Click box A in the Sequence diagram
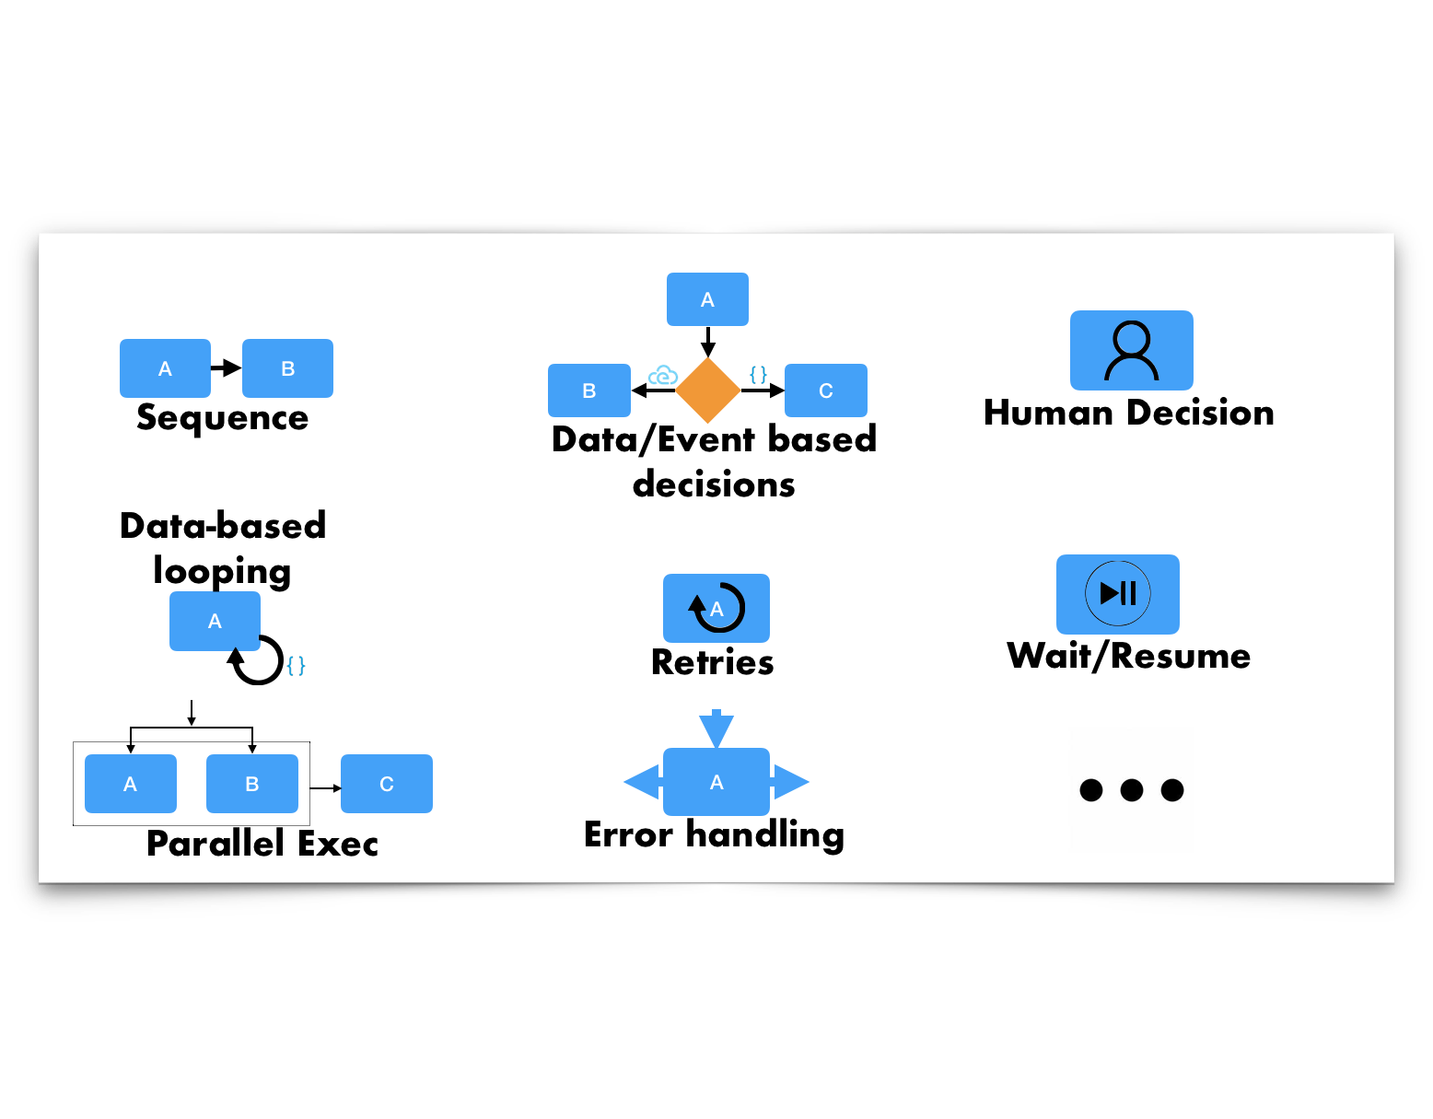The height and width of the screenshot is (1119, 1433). [x=165, y=368]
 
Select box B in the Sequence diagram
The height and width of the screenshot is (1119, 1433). [x=287, y=368]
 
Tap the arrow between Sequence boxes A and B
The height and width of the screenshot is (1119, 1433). [x=227, y=368]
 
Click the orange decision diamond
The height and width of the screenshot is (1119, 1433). [x=707, y=390]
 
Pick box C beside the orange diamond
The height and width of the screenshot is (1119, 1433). [x=825, y=390]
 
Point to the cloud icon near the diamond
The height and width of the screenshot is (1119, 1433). [x=663, y=376]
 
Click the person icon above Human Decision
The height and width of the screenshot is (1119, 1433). [x=1131, y=351]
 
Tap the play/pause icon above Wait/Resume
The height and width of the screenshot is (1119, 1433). [x=1118, y=593]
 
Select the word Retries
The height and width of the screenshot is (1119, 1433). [x=712, y=663]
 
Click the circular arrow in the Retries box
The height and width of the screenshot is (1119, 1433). [x=717, y=608]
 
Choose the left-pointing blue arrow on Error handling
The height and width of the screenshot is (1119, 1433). [x=643, y=782]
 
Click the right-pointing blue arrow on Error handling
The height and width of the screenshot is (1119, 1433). [x=790, y=782]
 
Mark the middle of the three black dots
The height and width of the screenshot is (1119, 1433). [x=1131, y=790]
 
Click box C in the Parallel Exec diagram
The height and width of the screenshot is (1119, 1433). [x=387, y=784]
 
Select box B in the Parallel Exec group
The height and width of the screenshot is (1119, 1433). [x=251, y=784]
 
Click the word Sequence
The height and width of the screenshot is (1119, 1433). [x=222, y=418]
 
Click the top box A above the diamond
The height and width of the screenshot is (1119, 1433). [x=707, y=299]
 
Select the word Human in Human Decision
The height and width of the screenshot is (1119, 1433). [x=1048, y=413]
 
